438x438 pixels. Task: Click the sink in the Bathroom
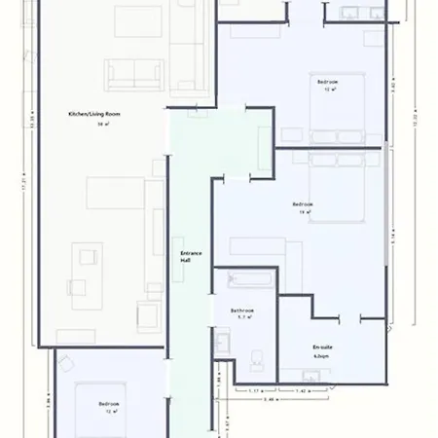223,342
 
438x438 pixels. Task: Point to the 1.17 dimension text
254,390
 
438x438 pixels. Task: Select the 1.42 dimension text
303,390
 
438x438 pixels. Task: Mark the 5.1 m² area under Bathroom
246,316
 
